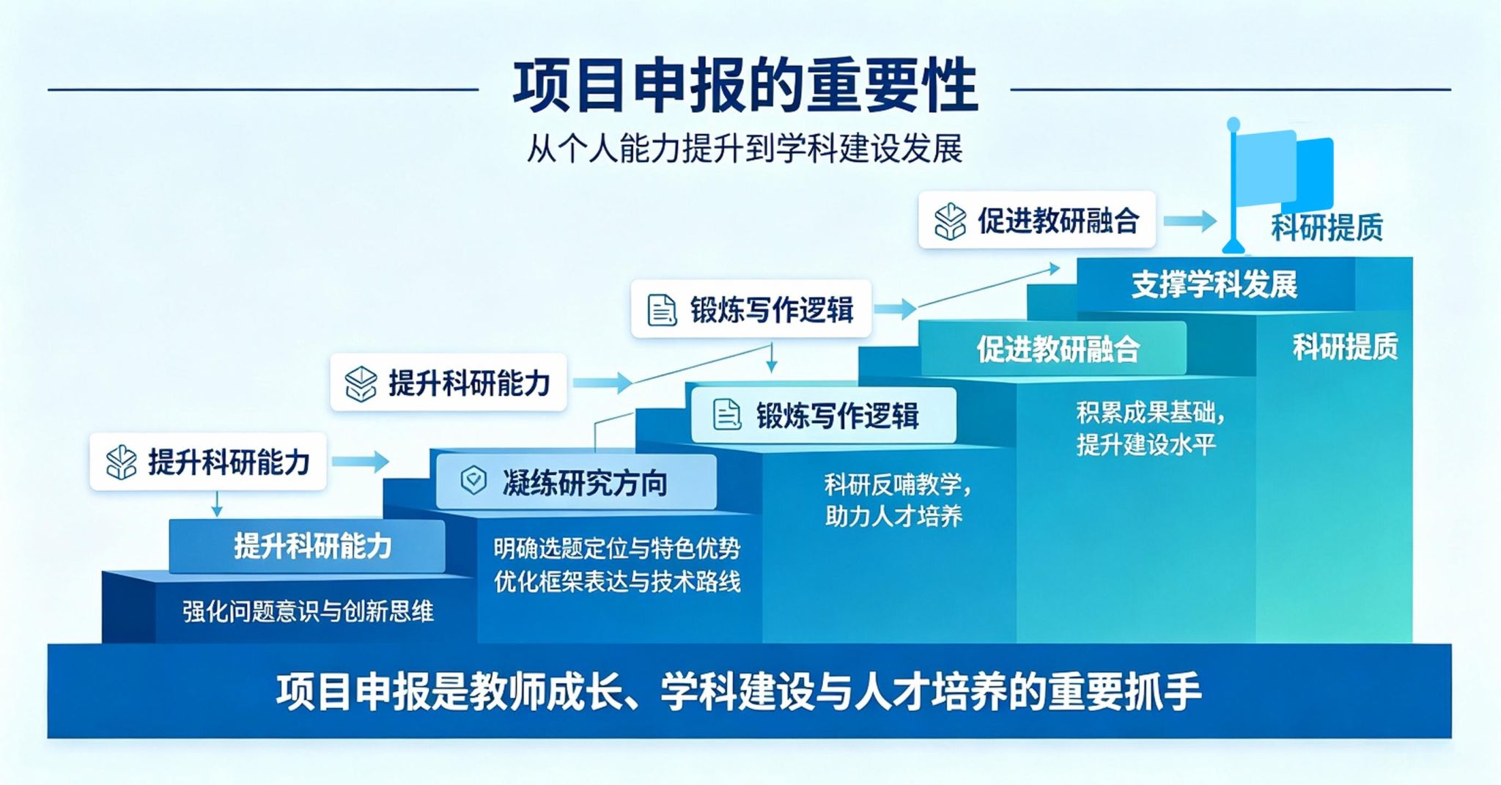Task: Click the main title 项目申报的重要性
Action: pos(745,86)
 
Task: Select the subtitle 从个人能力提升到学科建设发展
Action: pos(745,149)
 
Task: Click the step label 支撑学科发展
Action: pos(1214,284)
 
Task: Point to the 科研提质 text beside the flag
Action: pos(1327,227)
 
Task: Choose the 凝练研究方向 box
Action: pos(576,482)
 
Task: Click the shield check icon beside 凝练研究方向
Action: pos(473,481)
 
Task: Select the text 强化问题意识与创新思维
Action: pos(308,611)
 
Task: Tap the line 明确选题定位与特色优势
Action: pos(617,548)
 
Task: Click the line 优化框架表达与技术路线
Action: pos(617,581)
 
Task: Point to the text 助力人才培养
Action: pos(893,516)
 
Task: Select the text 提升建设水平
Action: pos(1146,444)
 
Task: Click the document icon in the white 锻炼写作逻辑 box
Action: pos(661,309)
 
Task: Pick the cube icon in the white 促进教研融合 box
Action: pos(950,221)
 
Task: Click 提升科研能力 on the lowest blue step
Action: pos(313,546)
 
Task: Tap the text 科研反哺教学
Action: pos(897,484)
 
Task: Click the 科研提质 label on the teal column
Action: pos(1345,347)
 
